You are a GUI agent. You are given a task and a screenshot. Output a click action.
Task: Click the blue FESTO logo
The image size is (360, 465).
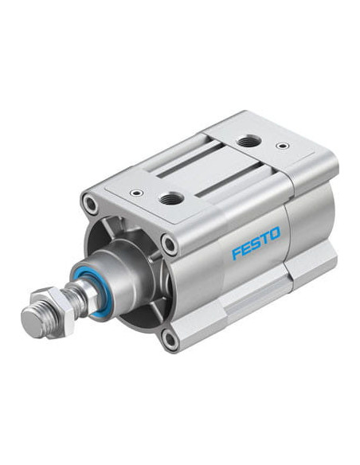click(256, 243)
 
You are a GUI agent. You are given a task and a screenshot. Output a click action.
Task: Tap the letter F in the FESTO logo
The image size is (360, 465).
click(237, 253)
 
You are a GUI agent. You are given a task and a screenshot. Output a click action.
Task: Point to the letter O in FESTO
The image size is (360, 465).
click(275, 233)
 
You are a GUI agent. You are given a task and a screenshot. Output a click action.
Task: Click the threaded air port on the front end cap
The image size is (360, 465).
click(170, 198)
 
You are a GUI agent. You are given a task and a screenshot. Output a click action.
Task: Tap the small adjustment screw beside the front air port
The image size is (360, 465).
click(137, 193)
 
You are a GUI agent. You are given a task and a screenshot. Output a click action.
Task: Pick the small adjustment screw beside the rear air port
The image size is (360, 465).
click(282, 146)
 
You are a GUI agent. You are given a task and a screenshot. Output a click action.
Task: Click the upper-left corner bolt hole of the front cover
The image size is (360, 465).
click(90, 204)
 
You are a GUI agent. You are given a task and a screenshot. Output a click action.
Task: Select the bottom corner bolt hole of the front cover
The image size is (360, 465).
click(170, 339)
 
